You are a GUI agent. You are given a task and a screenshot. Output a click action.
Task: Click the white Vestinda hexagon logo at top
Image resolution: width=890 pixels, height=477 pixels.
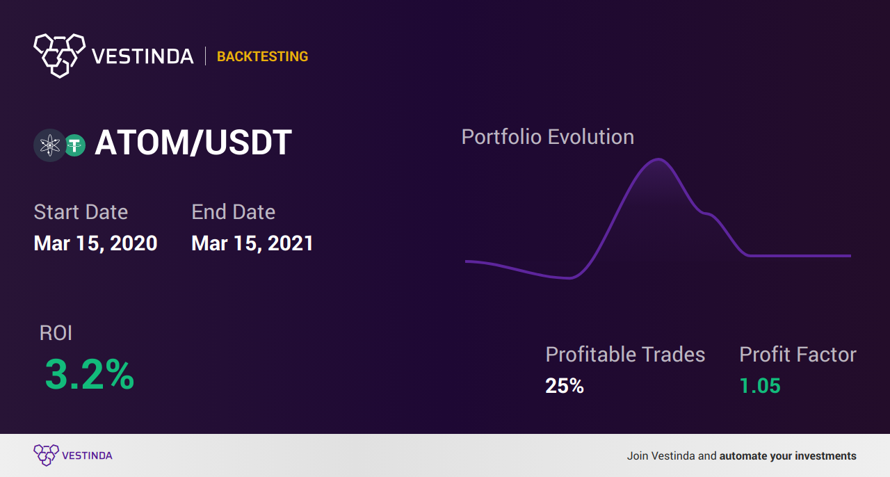pos(60,56)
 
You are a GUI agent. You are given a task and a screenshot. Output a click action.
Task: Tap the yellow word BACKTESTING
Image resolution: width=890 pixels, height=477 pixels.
pos(262,56)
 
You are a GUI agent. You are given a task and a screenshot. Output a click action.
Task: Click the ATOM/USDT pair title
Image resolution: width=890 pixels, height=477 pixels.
pos(193,143)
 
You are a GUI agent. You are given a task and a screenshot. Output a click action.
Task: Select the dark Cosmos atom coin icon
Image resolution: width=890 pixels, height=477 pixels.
pos(49,145)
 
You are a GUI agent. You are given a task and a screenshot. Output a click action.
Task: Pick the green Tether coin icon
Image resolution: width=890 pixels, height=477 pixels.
pos(74,145)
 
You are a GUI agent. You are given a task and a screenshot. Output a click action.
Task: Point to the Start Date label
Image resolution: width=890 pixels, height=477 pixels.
pos(81,212)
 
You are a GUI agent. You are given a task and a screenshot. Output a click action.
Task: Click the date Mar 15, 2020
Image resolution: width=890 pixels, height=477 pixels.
pos(95,243)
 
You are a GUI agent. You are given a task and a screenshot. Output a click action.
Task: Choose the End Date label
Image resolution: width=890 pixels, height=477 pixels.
pos(233,212)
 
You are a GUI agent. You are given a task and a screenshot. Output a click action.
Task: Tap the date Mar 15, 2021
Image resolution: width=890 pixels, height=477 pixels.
pos(252,243)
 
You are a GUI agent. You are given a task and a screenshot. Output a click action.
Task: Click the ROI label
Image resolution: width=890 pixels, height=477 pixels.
pos(56,333)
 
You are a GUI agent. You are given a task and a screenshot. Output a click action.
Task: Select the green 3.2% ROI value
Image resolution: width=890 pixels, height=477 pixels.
pos(90,374)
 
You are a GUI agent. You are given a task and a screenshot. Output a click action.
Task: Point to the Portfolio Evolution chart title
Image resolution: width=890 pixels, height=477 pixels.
pos(547,138)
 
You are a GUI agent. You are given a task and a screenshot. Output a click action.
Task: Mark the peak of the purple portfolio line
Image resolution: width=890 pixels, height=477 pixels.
pos(658,159)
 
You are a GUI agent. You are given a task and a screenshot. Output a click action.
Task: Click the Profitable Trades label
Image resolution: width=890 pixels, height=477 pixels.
pos(625,354)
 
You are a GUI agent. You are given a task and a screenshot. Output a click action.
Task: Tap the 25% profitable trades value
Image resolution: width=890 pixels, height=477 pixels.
pos(565,386)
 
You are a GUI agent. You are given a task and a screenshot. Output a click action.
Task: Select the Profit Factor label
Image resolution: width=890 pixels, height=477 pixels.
pos(798,354)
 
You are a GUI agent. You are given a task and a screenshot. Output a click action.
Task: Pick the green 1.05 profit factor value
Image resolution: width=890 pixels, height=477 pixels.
pos(760,386)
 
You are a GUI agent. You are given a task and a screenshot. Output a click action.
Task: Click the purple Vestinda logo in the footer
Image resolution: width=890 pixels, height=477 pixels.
pos(73,455)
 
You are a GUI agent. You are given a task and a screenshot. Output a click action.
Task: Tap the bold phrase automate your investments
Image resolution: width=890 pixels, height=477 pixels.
pos(788,456)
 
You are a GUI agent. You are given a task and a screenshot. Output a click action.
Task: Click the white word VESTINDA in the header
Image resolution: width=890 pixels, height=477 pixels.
pos(143,56)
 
